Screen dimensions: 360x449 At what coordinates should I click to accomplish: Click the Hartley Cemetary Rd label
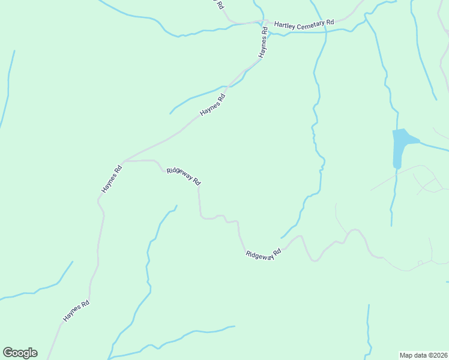[x=304, y=24]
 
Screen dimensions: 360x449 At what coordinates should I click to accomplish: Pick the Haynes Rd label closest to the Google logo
[x=76, y=311]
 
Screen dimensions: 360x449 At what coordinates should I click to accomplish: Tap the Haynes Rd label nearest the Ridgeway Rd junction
[x=112, y=179]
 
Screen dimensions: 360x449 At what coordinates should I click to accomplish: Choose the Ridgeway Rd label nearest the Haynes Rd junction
[x=184, y=176]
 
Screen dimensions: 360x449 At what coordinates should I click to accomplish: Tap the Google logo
[x=20, y=353]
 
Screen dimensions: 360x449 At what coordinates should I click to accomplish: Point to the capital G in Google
[x=8, y=353]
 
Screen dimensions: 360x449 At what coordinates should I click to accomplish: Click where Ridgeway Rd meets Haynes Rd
[x=123, y=161]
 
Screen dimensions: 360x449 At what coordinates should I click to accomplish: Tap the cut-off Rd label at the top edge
[x=220, y=4]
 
